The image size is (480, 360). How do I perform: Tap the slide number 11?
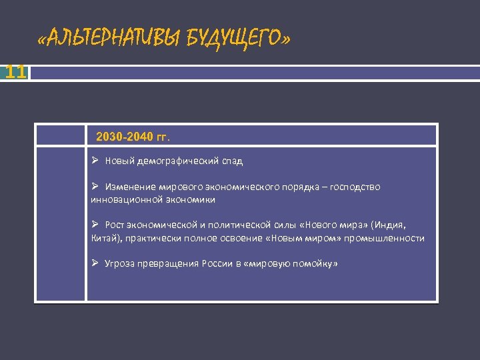coord(15,72)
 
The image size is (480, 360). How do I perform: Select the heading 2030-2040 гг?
coord(133,137)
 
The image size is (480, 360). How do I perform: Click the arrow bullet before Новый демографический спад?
coord(95,161)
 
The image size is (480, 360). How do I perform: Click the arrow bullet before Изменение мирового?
coord(95,187)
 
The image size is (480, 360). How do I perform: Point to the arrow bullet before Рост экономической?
coord(95,225)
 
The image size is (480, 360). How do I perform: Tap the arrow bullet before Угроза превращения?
coord(95,263)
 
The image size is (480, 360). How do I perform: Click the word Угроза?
coord(120,264)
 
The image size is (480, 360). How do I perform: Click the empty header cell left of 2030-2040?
coord(61,135)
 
